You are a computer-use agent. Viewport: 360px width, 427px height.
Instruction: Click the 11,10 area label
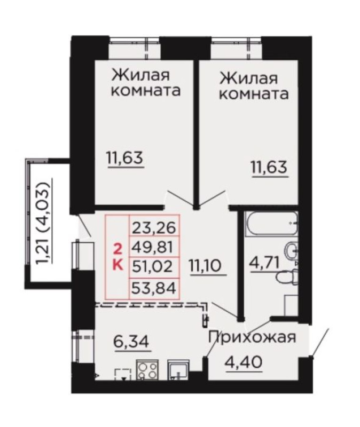[208, 266]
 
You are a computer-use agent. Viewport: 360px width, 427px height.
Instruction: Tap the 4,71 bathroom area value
[264, 263]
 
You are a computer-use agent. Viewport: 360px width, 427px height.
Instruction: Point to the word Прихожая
[252, 337]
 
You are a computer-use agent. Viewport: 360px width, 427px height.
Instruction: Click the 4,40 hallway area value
[244, 362]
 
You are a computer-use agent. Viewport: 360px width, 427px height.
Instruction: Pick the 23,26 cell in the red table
[154, 228]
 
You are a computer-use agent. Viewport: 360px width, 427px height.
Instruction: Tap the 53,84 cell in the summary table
[153, 288]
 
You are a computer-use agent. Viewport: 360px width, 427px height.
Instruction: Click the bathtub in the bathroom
[272, 224]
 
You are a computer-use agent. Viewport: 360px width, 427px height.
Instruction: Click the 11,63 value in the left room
[126, 158]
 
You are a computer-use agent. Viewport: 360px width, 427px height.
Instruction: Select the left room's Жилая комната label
[146, 83]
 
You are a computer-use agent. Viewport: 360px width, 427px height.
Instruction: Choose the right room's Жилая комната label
[254, 86]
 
